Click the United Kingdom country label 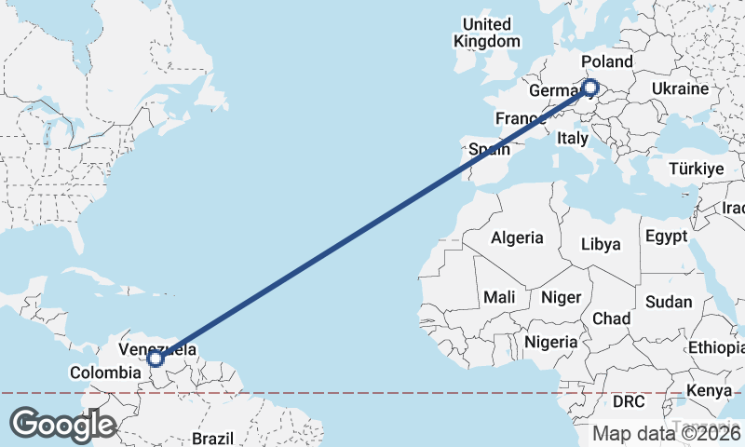click(487, 33)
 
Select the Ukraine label click(680, 88)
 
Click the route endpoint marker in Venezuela click(156, 359)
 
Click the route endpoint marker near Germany click(589, 88)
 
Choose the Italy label click(572, 138)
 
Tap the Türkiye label click(697, 169)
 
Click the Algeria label click(517, 237)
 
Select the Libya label click(600, 244)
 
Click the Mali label click(499, 297)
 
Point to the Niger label click(562, 297)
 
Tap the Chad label click(611, 318)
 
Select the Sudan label click(669, 302)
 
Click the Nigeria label click(551, 342)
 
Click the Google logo click(63, 424)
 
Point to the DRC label click(628, 400)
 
